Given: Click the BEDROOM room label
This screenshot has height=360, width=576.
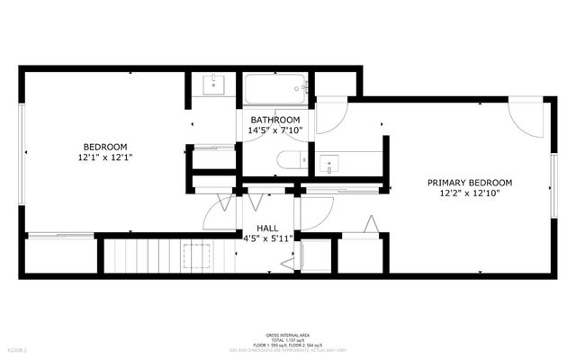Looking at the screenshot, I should tap(105, 147).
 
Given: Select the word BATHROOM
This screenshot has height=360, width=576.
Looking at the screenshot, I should tap(274, 120).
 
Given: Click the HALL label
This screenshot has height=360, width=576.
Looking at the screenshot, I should tap(268, 229).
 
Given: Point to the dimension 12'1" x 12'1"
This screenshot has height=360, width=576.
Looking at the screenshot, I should tap(105, 158).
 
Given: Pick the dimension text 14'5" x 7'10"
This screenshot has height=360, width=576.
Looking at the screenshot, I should tap(274, 130).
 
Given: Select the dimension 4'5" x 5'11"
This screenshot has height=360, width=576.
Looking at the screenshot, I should tap(268, 239).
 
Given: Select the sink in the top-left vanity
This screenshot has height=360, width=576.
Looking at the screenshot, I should tap(213, 86).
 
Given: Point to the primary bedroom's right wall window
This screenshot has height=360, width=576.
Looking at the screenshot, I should tap(553, 184).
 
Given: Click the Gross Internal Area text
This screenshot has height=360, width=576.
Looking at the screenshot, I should tap(287, 332).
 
